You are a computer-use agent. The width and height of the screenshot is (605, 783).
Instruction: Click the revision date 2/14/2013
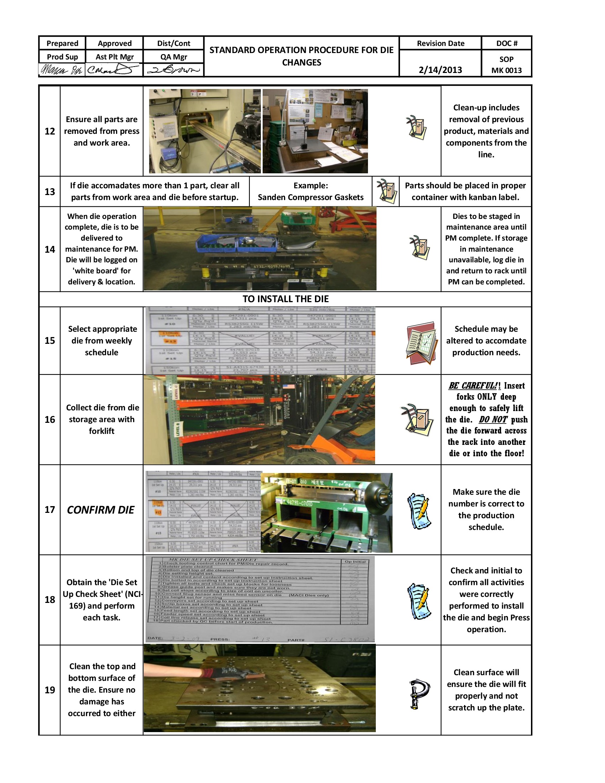[440, 69]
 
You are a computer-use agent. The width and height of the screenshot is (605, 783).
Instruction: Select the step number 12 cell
[49, 131]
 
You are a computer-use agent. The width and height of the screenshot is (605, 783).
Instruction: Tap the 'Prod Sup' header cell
[62, 57]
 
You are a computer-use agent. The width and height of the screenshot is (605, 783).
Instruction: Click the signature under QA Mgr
[173, 69]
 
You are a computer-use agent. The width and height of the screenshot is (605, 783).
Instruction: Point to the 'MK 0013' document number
[506, 70]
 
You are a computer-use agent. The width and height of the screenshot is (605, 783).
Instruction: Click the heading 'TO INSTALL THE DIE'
[285, 299]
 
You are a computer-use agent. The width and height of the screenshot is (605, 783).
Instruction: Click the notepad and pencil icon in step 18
[419, 601]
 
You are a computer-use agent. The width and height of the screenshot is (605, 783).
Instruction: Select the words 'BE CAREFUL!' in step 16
[472, 386]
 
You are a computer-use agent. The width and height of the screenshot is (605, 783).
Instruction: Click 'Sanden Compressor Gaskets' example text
[310, 197]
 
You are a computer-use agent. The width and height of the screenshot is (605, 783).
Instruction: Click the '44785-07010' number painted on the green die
[299, 503]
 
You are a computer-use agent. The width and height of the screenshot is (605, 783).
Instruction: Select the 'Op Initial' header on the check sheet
[355, 562]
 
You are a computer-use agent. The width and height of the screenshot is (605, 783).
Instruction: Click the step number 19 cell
[49, 690]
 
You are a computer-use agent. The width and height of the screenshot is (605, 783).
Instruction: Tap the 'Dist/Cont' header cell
[173, 43]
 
